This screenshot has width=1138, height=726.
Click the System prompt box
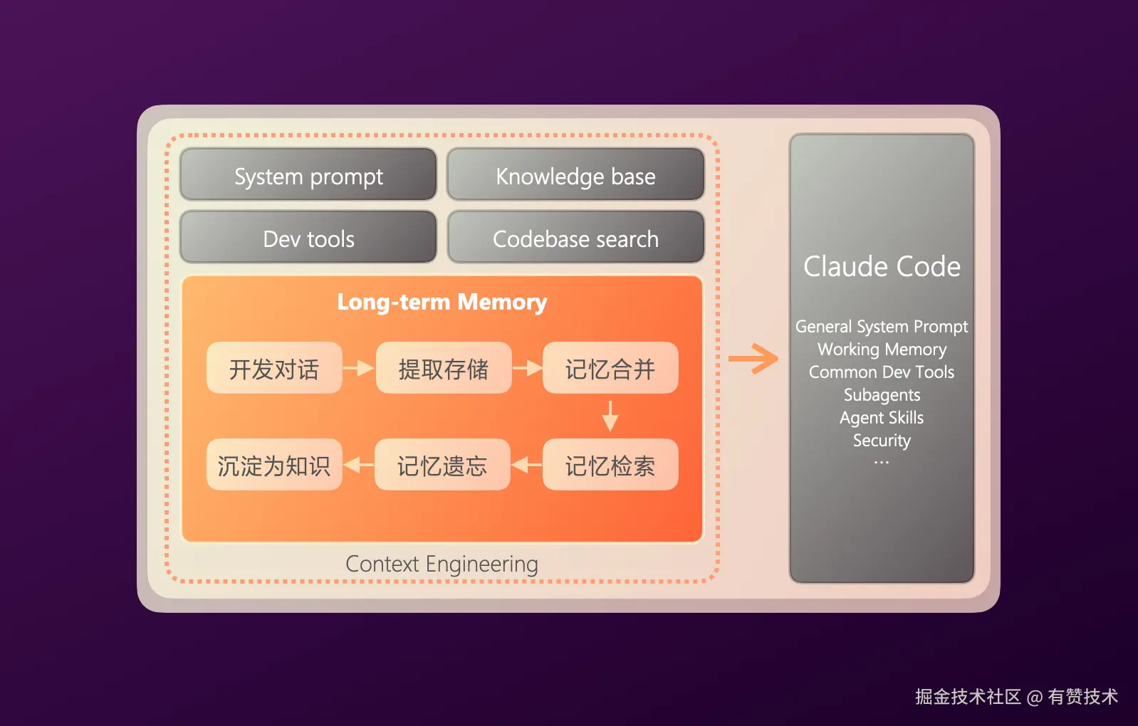308,175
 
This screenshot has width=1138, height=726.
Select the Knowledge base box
575,175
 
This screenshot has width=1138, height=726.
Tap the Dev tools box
308,238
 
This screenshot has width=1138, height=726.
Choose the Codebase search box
575,238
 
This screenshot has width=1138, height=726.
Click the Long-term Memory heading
442,302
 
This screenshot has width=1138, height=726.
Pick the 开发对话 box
274,368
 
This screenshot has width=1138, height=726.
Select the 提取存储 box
443,368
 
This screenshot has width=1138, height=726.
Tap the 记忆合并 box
610,368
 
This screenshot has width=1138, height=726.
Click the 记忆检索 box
610,465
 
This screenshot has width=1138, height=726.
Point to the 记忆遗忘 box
442,465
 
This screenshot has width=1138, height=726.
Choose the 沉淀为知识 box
274,465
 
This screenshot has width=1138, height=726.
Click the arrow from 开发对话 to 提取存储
358,368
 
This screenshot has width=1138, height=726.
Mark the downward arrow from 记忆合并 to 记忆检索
610,416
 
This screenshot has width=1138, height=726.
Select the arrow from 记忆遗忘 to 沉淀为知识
358,465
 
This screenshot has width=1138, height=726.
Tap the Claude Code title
882,267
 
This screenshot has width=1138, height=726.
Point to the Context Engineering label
442,564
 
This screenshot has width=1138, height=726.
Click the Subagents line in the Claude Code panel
882,395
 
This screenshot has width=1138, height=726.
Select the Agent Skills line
882,418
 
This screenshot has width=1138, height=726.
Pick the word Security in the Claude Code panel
882,441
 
